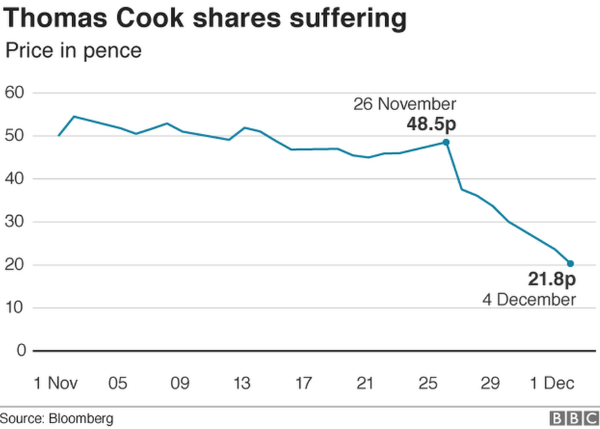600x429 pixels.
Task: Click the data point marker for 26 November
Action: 446,142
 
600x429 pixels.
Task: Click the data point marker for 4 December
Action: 570,263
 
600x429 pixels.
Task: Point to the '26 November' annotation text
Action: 404,104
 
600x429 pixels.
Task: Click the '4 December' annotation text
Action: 529,300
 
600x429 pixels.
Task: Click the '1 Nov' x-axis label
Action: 55,383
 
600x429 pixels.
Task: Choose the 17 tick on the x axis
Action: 303,383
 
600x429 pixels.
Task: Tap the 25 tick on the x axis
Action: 428,383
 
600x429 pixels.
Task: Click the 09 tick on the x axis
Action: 179,383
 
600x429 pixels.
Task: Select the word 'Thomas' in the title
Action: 56,19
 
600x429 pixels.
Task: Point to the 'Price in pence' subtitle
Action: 73,50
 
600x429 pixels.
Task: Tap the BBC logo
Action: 572,418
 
